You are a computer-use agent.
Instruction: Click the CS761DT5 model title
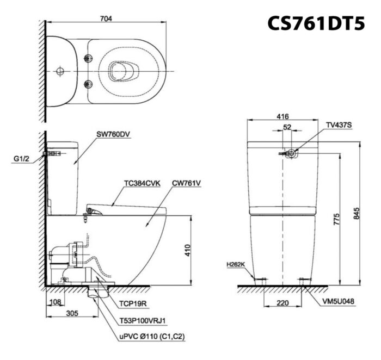(x=316, y=23)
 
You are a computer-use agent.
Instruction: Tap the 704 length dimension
(x=106, y=18)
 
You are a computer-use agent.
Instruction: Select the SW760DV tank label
(x=113, y=134)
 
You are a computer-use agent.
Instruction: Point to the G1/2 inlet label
(x=21, y=159)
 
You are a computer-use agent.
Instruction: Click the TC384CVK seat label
(x=143, y=183)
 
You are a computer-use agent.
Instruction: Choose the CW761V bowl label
(x=186, y=183)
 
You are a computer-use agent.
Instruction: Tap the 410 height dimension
(x=188, y=251)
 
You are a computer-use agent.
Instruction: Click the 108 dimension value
(x=56, y=302)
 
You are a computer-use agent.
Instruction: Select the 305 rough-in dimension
(x=72, y=313)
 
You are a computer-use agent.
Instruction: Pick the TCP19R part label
(x=133, y=303)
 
